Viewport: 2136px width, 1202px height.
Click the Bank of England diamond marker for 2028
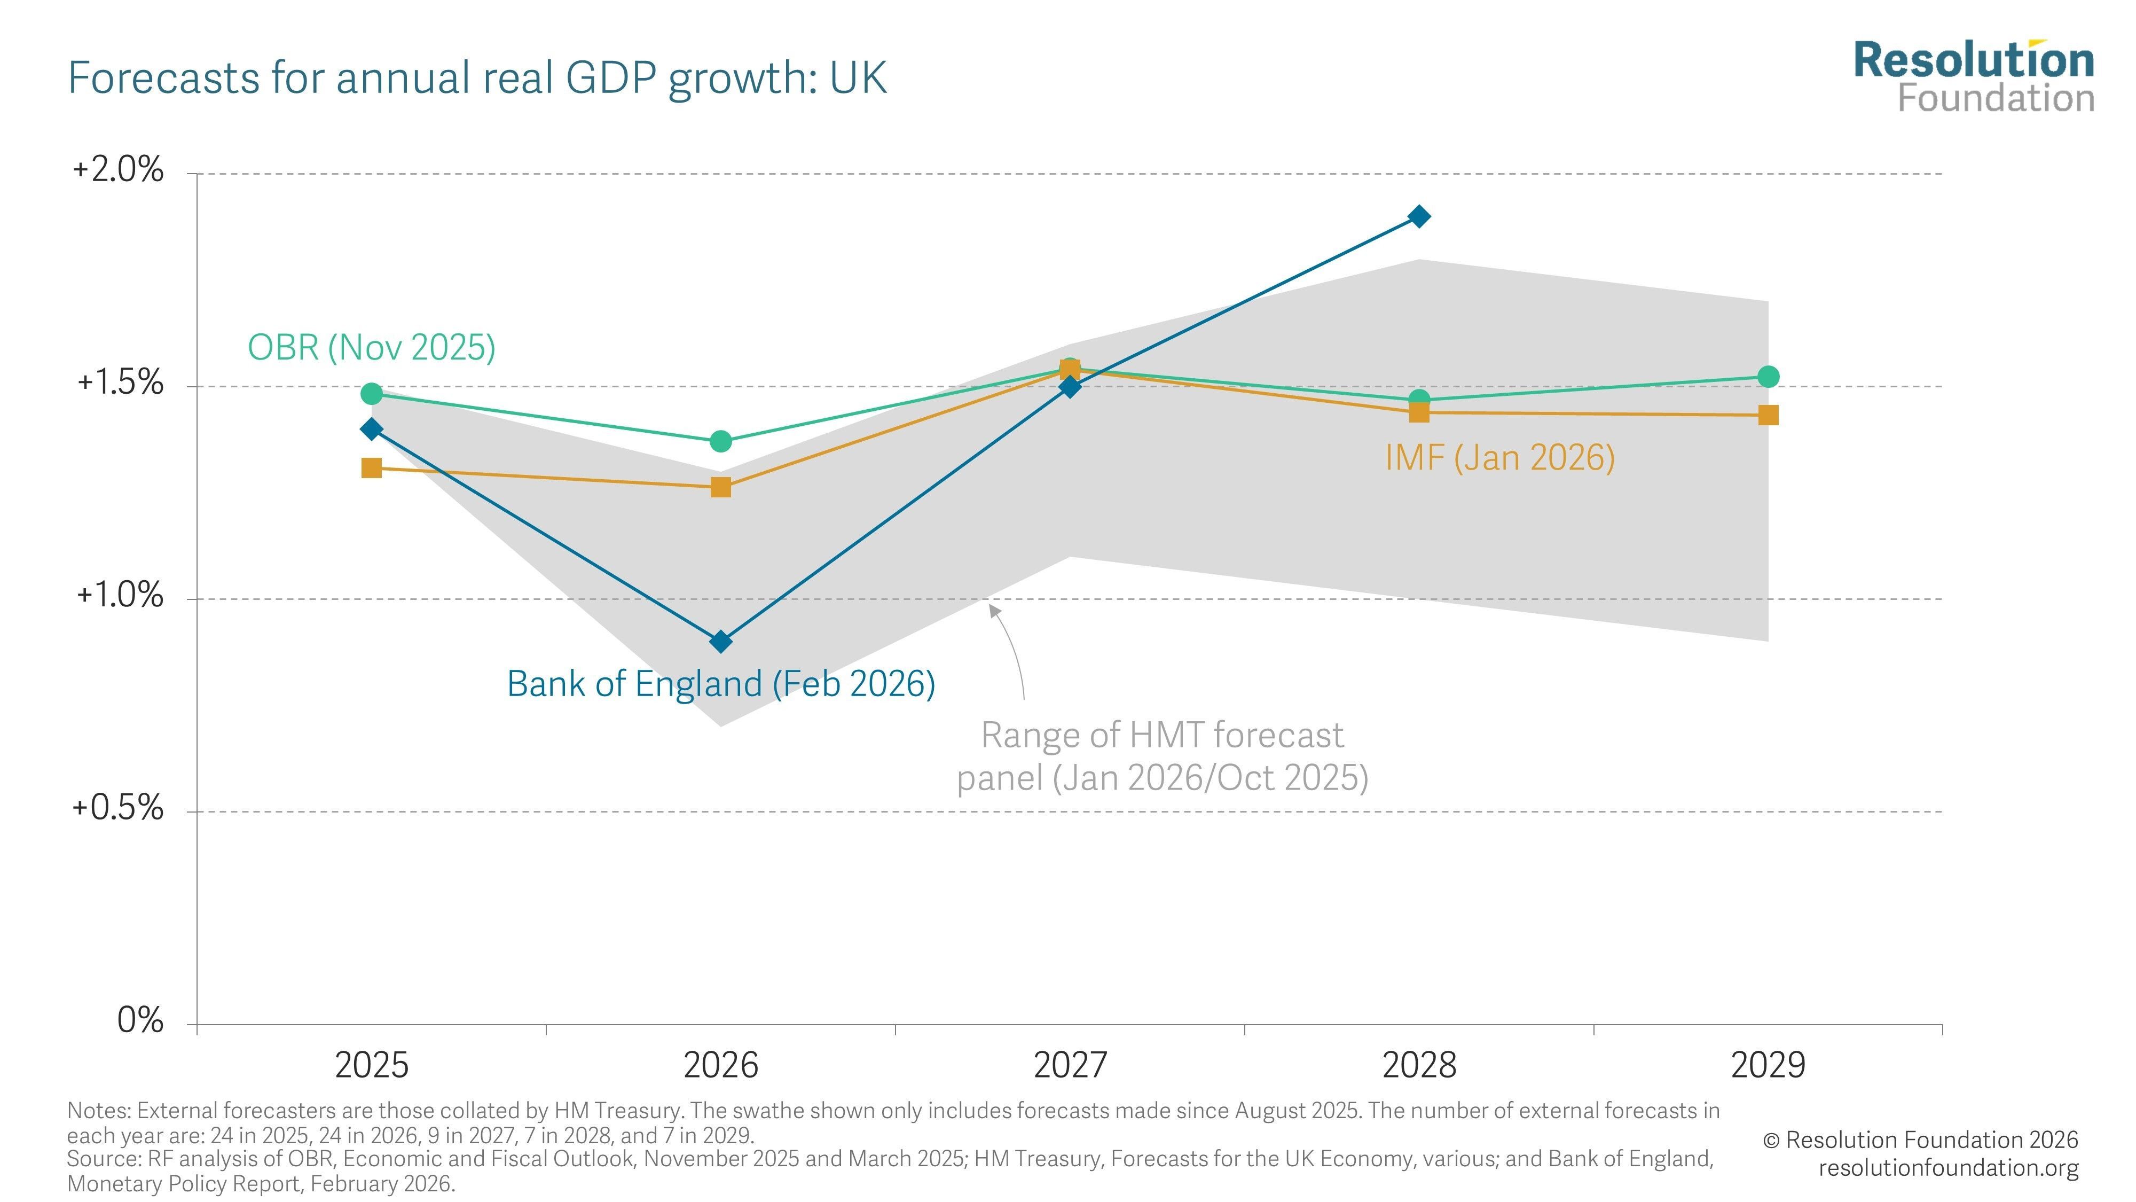click(x=1419, y=216)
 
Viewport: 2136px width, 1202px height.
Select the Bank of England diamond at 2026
click(x=720, y=641)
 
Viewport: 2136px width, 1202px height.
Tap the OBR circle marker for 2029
click(x=1768, y=377)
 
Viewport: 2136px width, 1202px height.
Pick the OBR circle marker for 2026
click(x=720, y=441)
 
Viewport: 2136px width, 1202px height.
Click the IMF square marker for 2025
click(x=372, y=468)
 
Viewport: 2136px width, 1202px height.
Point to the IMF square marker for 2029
click(x=1768, y=415)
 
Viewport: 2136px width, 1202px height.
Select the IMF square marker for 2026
click(x=720, y=487)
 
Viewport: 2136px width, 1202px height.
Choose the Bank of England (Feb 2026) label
click(x=720, y=684)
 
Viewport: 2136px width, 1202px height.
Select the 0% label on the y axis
click(x=140, y=1019)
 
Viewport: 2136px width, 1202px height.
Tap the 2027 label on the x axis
click(x=1070, y=1064)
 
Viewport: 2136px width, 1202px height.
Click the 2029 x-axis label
click(x=1768, y=1064)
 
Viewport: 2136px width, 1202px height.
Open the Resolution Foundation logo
click(x=1974, y=76)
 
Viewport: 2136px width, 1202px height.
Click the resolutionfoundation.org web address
click(x=1949, y=1167)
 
